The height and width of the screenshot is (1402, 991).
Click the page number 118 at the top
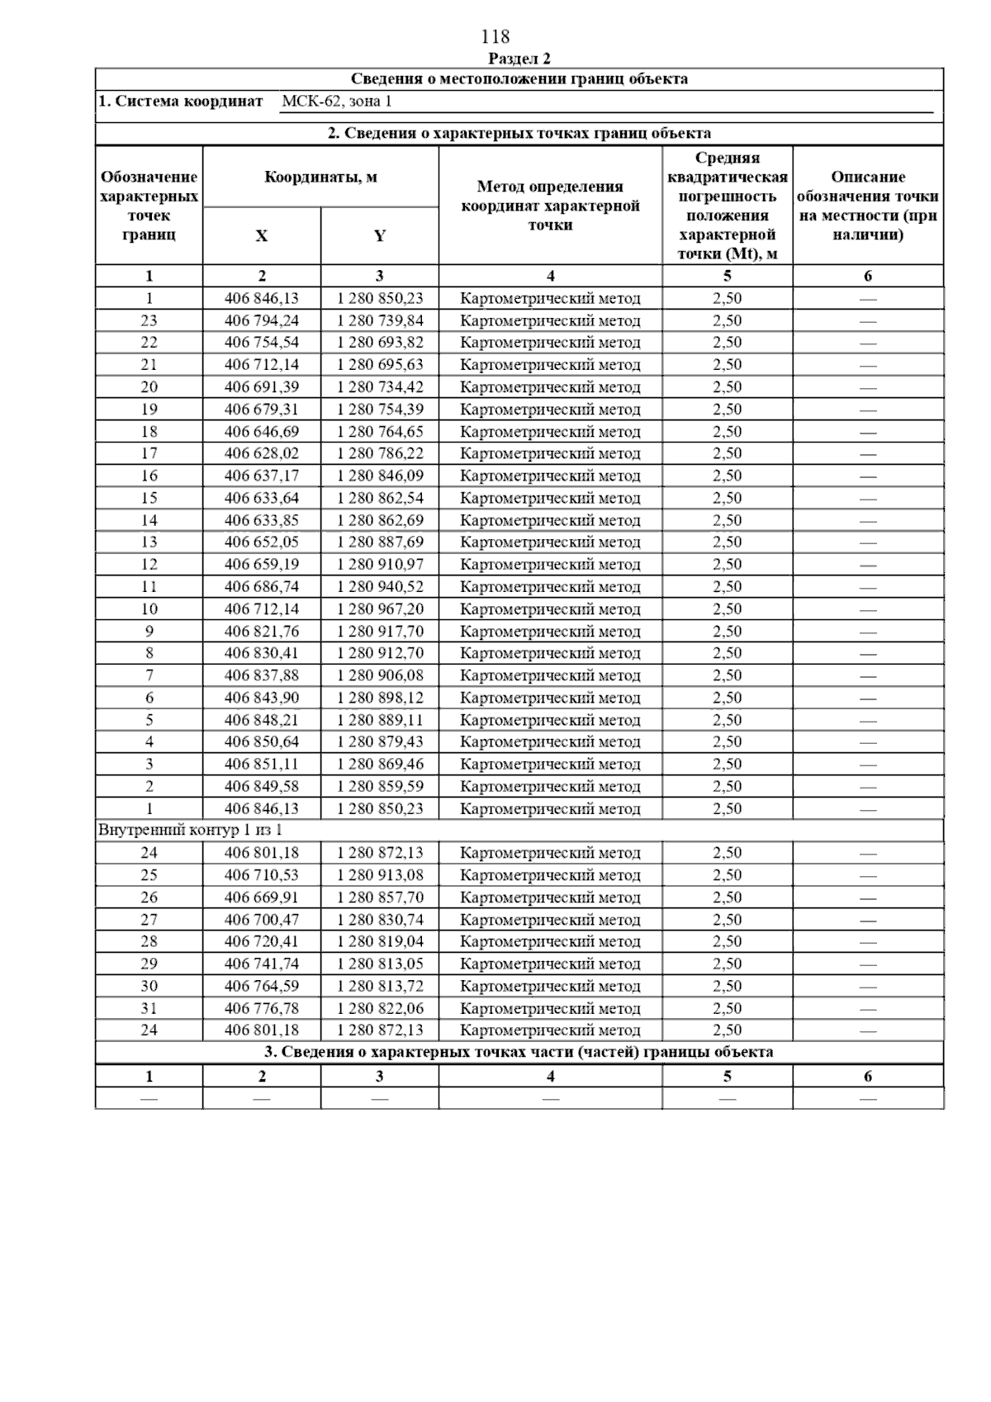click(x=495, y=37)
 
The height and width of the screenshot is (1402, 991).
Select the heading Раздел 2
click(x=519, y=59)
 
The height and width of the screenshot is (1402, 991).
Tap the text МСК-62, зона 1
click(x=336, y=102)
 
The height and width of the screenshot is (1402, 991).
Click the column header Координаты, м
click(x=320, y=177)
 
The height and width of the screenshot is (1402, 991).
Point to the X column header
click(x=261, y=236)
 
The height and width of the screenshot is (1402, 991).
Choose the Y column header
click(x=379, y=236)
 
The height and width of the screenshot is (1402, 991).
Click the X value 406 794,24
click(x=262, y=320)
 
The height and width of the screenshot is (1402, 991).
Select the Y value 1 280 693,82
click(x=380, y=343)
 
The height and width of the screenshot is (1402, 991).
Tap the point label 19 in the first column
click(x=149, y=410)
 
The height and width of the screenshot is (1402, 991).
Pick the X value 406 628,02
click(x=262, y=453)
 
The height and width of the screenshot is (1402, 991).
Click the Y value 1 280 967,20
click(x=380, y=609)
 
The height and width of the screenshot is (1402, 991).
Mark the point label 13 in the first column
click(x=149, y=542)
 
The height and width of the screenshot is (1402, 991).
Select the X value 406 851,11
click(x=262, y=765)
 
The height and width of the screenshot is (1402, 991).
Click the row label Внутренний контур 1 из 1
click(x=191, y=831)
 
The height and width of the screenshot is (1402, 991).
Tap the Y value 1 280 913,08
click(x=380, y=875)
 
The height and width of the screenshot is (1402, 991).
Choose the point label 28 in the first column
click(x=149, y=942)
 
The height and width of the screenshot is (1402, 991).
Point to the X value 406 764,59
click(x=262, y=986)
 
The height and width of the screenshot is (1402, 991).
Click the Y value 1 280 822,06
click(x=380, y=1008)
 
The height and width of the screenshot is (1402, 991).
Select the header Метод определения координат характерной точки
click(x=550, y=206)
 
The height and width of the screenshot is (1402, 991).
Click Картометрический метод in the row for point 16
click(x=550, y=476)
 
